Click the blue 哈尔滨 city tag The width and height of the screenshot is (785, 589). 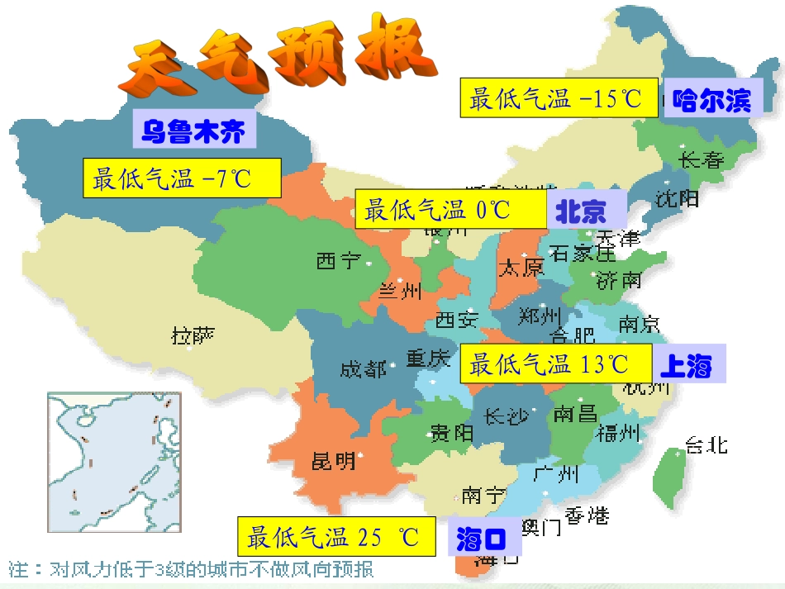tap(712, 101)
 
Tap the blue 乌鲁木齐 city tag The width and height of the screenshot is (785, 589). tap(193, 131)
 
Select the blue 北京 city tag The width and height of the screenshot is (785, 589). tap(581, 211)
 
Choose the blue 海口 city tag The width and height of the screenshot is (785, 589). tap(480, 539)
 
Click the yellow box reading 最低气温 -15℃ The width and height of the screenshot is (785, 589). tap(559, 98)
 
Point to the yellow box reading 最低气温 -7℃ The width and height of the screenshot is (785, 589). tap(182, 178)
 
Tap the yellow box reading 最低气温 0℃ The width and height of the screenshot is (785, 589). tap(450, 209)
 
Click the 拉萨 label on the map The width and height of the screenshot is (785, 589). tap(193, 335)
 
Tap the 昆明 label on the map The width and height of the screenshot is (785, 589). tap(334, 460)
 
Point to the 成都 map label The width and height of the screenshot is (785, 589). tap(363, 368)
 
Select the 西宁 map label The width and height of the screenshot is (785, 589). tap(338, 261)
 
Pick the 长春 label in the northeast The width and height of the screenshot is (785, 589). tap(701, 159)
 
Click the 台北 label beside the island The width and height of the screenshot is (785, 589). tap(706, 444)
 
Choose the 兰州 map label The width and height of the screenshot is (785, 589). tap(400, 291)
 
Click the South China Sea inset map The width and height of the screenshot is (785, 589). tap(113, 463)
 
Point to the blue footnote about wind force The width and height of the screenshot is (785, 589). tap(191, 569)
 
